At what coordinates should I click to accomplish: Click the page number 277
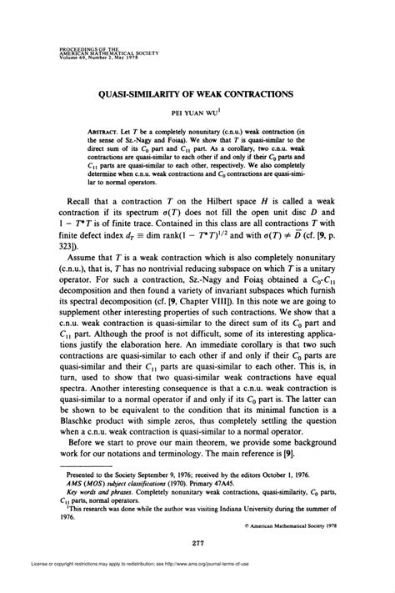click(x=197, y=543)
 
